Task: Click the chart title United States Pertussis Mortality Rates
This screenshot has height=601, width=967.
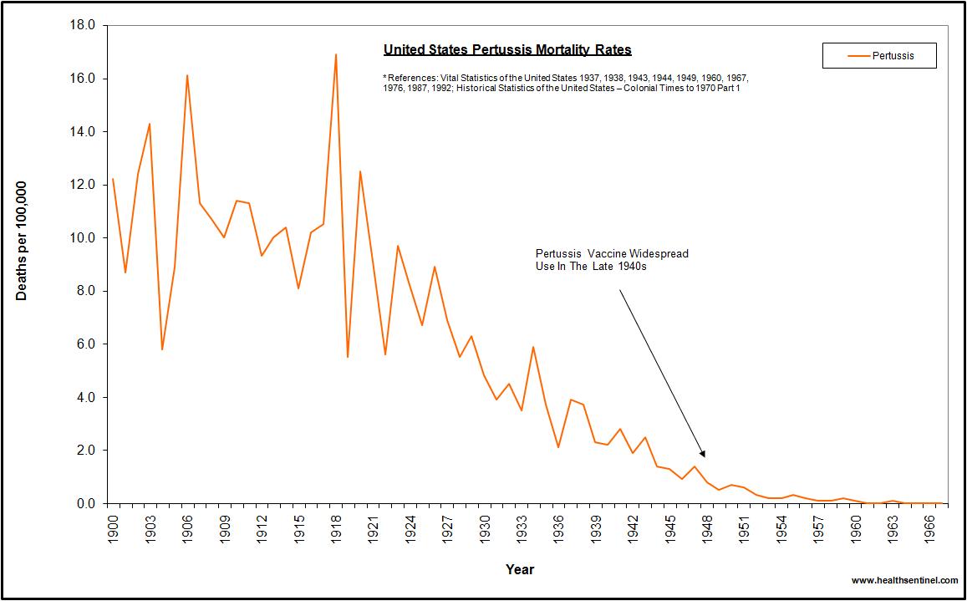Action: [507, 50]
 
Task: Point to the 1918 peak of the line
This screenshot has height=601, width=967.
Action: [335, 55]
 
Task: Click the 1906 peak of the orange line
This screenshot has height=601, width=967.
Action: [187, 76]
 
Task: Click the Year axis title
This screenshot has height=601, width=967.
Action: [520, 569]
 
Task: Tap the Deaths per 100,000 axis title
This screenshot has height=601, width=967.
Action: [23, 241]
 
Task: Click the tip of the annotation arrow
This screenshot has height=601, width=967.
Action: [705, 456]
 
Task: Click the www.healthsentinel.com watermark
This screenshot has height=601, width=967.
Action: [904, 580]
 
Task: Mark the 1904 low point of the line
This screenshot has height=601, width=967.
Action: [162, 349]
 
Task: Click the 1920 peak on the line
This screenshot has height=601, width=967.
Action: [360, 172]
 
